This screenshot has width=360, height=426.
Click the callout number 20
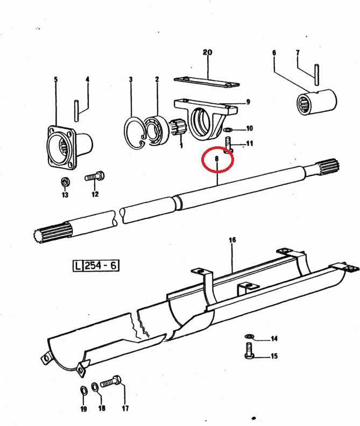tap(207, 52)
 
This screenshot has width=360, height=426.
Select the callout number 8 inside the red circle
tap(216, 159)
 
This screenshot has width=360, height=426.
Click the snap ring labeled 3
tap(135, 132)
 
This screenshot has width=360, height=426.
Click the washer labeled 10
tap(228, 130)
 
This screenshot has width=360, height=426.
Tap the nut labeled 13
tap(65, 180)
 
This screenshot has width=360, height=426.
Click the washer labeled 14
tap(249, 337)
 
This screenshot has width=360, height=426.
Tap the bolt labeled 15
tap(250, 356)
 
